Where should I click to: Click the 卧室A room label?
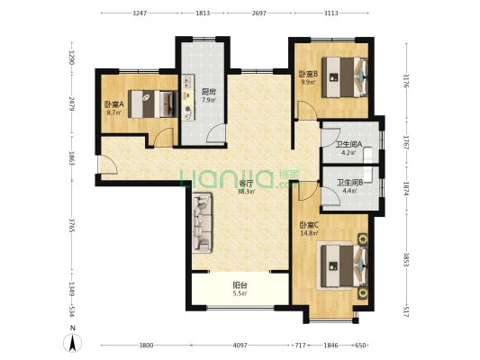[113, 104]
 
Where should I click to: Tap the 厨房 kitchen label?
[207, 91]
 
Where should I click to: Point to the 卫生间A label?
[349, 144]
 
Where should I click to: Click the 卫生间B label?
[349, 183]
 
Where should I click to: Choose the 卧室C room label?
[306, 225]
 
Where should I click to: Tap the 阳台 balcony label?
[240, 285]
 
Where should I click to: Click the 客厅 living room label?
[246, 183]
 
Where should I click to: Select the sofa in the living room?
[202, 223]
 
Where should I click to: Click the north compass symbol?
[71, 343]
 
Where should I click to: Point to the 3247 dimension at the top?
[140, 14]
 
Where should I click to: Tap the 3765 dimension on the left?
[68, 221]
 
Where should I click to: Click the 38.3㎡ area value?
[246, 191]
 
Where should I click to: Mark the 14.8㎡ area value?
[306, 234]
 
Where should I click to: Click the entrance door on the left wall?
[105, 165]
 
